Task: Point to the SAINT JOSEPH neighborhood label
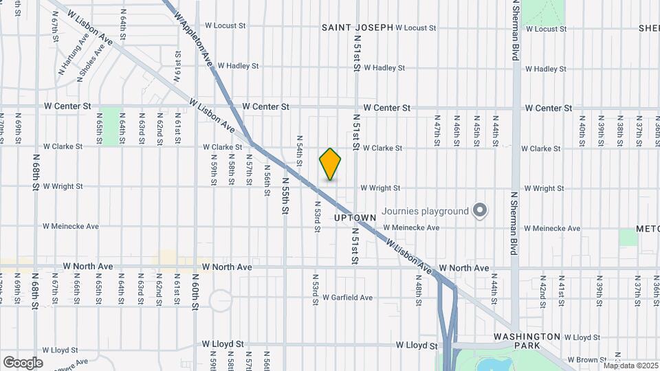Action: point(357,27)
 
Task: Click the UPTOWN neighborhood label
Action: point(355,218)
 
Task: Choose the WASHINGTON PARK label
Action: point(527,337)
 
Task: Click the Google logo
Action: point(23,362)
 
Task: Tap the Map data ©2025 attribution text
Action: point(630,366)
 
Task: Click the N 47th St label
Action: point(437,135)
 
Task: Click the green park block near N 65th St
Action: point(110,126)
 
